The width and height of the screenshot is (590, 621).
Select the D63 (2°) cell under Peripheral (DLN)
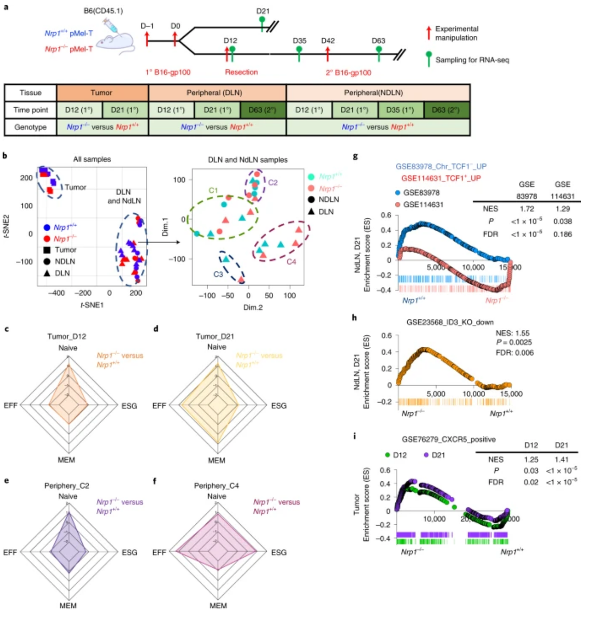263,110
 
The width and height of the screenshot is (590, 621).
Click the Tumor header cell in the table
102,93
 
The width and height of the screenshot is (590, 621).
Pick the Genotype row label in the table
31,127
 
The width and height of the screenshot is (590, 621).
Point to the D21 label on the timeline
263,11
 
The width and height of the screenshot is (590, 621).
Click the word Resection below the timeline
241,72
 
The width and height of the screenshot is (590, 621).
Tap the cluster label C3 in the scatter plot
218,274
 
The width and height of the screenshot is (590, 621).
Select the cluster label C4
292,262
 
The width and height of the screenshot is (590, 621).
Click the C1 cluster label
213,190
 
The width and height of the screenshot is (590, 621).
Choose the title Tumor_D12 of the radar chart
67,336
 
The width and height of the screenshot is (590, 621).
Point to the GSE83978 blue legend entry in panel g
421,193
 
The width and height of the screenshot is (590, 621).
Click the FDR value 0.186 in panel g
563,234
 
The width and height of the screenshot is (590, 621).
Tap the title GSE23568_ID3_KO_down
450,322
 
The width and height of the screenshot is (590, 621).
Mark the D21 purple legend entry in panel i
434,455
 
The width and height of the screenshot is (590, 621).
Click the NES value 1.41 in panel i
561,459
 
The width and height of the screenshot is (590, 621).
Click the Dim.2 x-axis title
253,307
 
